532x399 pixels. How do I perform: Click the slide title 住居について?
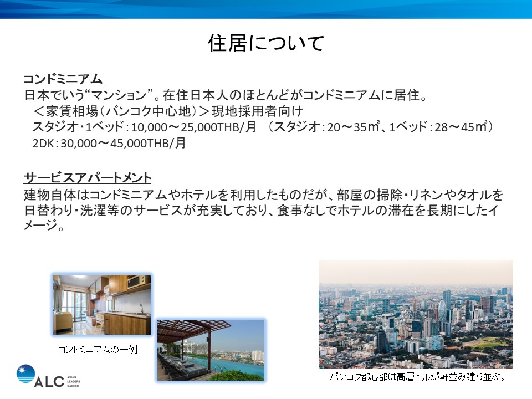(266, 43)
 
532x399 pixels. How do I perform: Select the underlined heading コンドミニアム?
(63, 79)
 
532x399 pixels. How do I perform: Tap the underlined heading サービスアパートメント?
(88, 177)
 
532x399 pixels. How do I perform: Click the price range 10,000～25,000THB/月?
(193, 127)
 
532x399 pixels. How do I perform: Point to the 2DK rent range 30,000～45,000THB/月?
(123, 143)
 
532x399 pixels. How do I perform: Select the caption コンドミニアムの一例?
(98, 350)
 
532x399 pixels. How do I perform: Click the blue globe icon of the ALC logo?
(25, 374)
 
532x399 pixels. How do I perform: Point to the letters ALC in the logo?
(49, 382)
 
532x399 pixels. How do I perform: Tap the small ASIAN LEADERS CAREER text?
(74, 381)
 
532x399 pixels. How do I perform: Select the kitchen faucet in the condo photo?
(141, 309)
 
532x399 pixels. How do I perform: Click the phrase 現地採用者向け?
(257, 111)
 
